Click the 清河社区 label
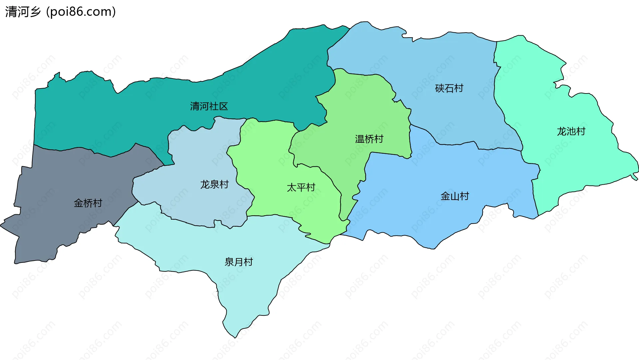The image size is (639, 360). (209, 106)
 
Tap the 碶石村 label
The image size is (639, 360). (449, 89)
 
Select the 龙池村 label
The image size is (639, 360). (571, 131)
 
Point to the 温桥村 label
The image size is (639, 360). (369, 139)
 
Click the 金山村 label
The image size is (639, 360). (455, 196)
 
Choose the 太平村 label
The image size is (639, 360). (301, 188)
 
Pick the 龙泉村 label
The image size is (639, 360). (214, 185)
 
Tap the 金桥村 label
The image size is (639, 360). (88, 203)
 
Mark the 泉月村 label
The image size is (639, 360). (239, 262)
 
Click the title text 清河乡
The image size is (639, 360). (23, 12)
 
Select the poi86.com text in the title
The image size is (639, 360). (81, 12)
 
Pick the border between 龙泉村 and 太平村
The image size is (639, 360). (237, 173)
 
